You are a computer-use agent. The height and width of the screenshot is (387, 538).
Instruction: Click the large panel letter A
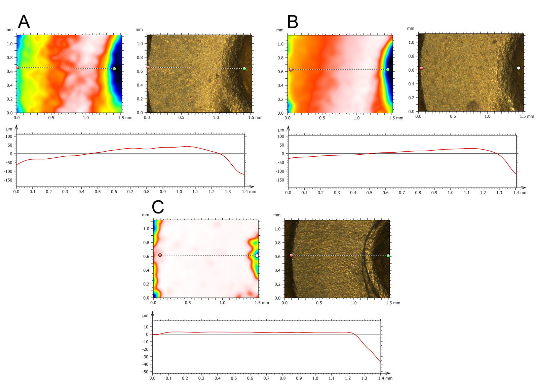(x=24, y=22)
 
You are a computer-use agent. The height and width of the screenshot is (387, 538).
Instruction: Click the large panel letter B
(x=293, y=22)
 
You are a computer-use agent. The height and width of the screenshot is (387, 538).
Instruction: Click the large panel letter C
(x=158, y=207)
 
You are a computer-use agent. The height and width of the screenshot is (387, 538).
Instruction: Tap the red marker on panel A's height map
(x=17, y=68)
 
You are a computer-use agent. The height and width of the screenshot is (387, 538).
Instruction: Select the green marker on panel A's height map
(x=114, y=69)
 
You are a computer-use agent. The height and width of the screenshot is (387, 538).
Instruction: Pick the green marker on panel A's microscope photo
(x=244, y=69)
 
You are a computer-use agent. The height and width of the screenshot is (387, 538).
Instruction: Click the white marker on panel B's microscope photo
(x=518, y=68)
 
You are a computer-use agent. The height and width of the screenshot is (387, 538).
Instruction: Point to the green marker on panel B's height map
(x=388, y=70)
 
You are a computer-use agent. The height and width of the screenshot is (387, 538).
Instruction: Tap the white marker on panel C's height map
(x=257, y=256)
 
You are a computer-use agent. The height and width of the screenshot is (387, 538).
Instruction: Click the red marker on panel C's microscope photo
(x=291, y=255)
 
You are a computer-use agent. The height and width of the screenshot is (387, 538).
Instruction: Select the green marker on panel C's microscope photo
(x=388, y=256)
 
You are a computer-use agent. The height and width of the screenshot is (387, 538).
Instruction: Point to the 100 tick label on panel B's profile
(x=281, y=136)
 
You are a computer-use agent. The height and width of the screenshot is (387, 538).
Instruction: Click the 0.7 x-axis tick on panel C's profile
(x=266, y=378)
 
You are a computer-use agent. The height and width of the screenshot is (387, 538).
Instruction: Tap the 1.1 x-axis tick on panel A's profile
(x=195, y=192)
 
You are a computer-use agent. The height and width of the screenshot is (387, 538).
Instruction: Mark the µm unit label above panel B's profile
(x=281, y=130)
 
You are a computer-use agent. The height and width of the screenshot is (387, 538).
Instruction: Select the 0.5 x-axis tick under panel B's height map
(x=322, y=118)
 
